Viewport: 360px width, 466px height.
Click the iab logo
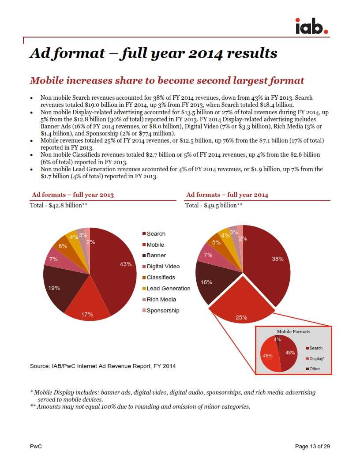311,26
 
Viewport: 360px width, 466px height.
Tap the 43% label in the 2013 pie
126,264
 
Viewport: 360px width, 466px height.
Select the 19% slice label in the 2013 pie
54,288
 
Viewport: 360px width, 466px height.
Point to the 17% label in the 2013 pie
87,315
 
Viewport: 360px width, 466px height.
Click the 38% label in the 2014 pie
277,259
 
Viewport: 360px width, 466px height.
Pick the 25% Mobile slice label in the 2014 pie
241,317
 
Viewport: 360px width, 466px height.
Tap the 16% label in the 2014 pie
206,282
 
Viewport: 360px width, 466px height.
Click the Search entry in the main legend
156,233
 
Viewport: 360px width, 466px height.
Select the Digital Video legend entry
163,267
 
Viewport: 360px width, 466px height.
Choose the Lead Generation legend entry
168,289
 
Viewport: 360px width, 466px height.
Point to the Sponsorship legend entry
163,311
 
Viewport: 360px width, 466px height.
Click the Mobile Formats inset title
293,331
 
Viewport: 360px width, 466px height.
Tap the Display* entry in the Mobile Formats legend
317,359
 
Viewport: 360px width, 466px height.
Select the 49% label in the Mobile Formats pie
268,355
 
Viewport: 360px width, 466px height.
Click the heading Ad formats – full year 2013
73,195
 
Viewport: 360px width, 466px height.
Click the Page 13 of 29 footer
312,447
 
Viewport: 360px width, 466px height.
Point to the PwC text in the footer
36,447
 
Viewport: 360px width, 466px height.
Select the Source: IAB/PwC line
103,366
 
